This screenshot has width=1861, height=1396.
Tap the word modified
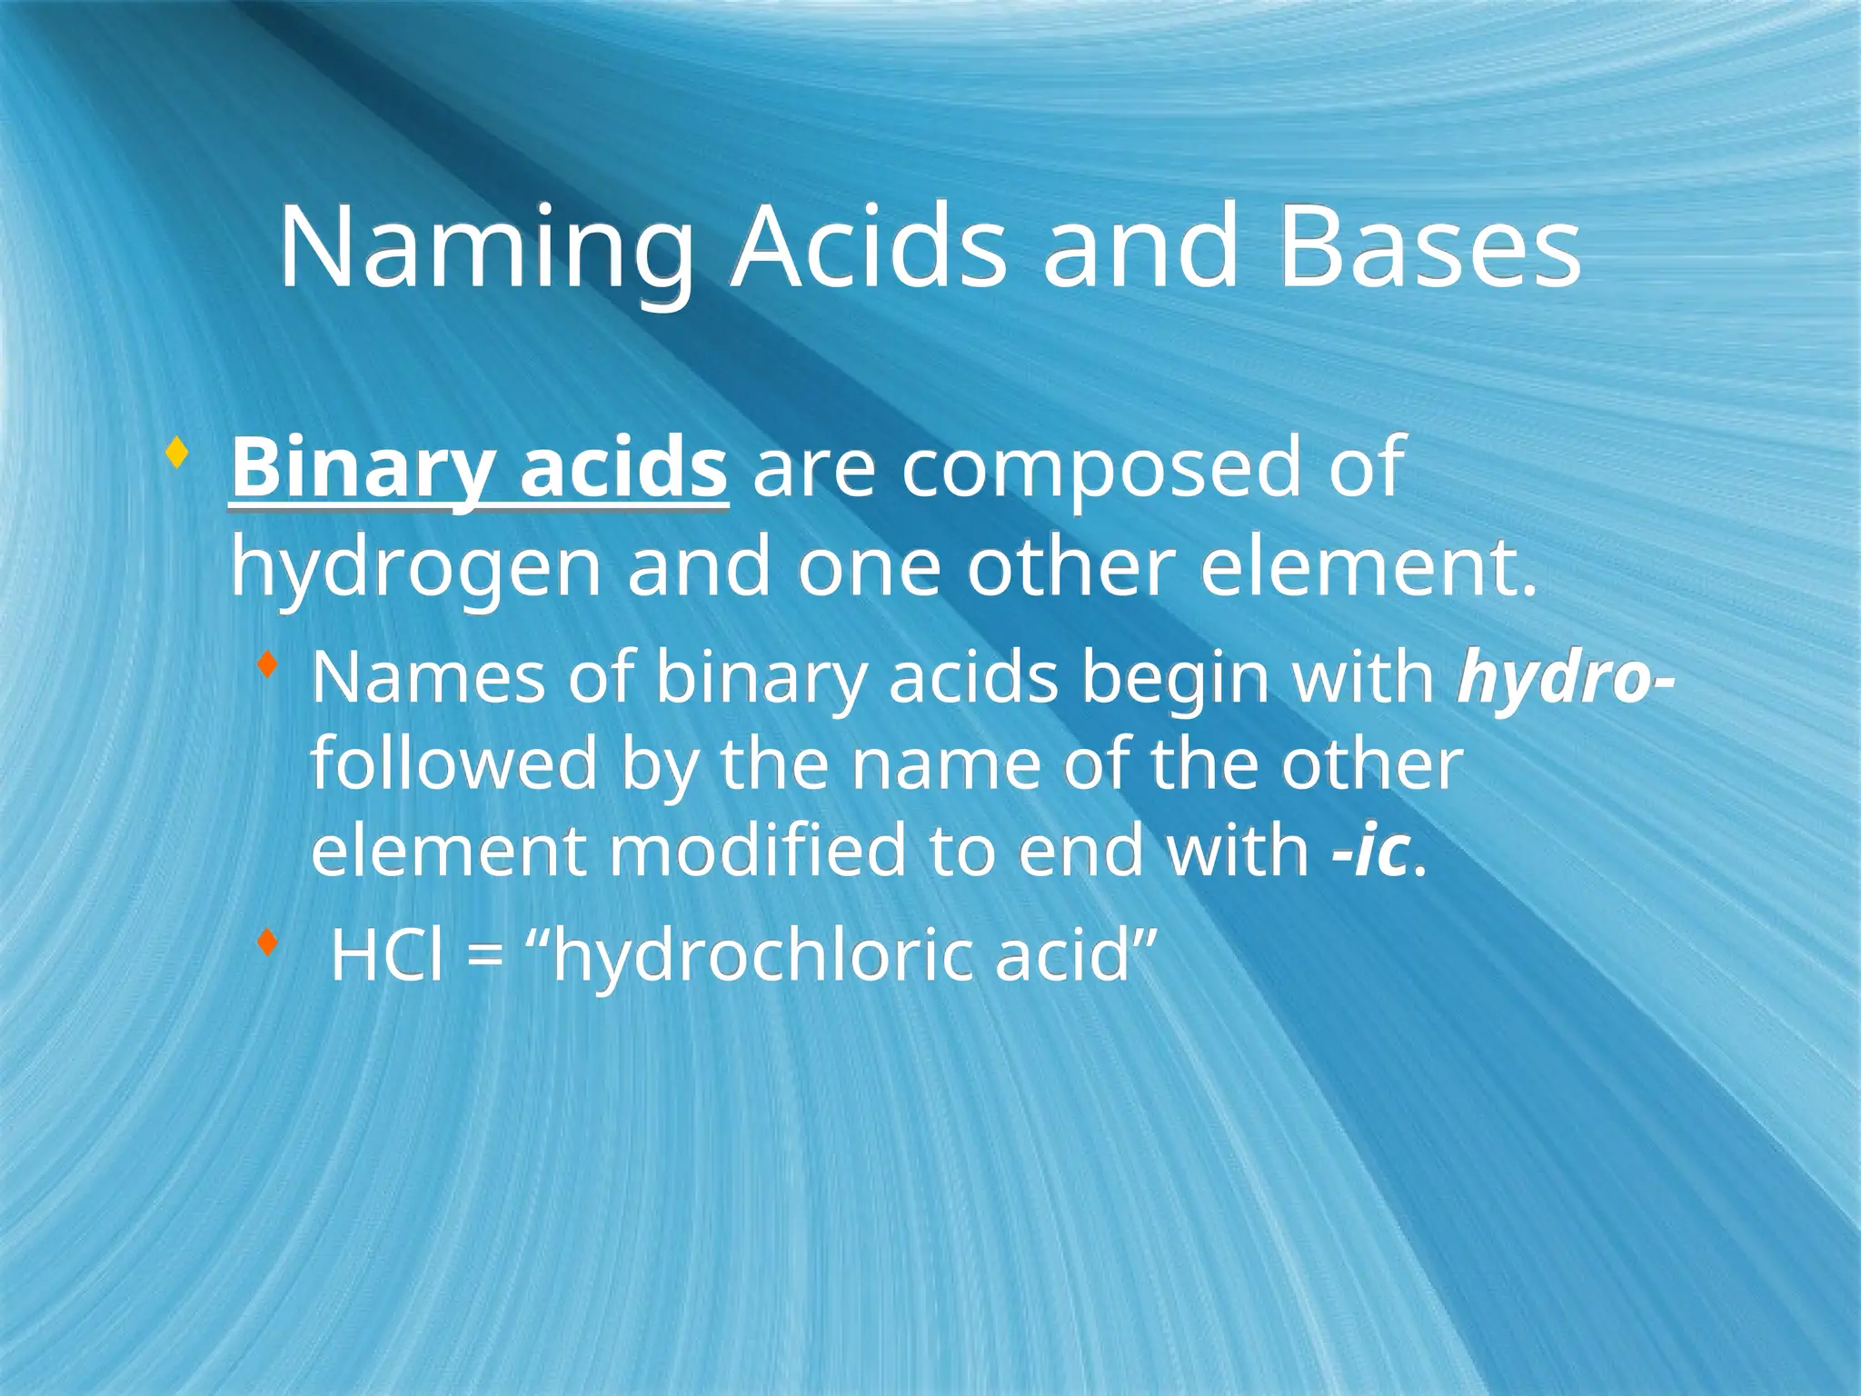point(757,851)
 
